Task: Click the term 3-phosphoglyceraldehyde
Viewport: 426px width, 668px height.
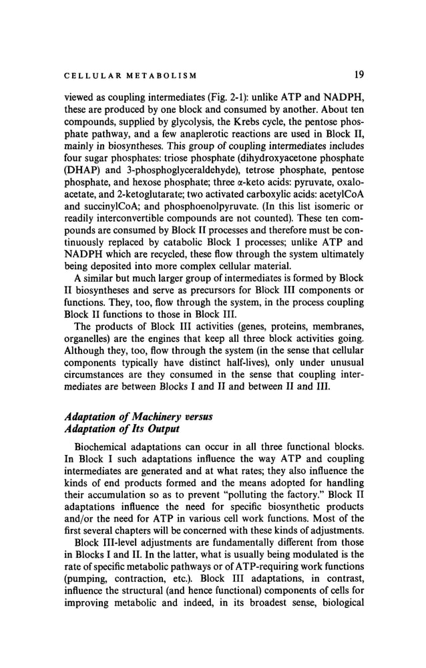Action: coord(177,170)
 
